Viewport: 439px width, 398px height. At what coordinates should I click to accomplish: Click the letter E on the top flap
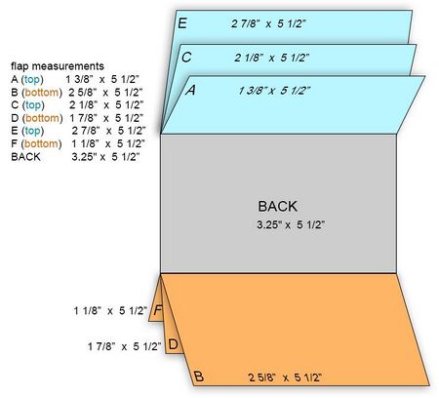[x=182, y=23]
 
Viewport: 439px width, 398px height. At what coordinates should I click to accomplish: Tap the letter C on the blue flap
[x=186, y=58]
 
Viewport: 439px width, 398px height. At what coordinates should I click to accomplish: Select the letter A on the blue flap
[x=191, y=90]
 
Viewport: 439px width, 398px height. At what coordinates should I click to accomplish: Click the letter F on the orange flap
[x=158, y=310]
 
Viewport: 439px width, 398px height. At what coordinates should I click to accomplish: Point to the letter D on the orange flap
[x=174, y=344]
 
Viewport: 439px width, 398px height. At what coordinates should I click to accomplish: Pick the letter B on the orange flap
[x=199, y=377]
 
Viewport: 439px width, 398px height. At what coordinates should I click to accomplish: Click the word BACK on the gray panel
[x=277, y=207]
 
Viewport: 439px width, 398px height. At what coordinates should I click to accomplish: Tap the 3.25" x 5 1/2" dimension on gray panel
[x=291, y=224]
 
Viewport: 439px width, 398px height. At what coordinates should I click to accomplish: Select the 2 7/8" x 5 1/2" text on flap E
[x=269, y=23]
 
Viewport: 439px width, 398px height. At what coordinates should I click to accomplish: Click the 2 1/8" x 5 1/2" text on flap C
[x=272, y=58]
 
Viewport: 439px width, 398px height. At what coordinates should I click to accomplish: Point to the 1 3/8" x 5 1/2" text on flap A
[x=274, y=91]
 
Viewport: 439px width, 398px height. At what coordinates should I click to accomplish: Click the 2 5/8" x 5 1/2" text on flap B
[x=285, y=378]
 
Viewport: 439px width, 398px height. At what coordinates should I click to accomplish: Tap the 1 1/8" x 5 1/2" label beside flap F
[x=110, y=310]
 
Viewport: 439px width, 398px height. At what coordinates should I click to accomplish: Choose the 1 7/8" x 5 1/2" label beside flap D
[x=125, y=346]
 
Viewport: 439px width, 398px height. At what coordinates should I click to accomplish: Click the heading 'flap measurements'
[x=58, y=66]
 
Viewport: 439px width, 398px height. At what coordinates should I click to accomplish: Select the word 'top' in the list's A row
[x=32, y=79]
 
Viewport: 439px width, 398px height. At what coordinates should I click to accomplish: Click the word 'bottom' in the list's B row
[x=42, y=93]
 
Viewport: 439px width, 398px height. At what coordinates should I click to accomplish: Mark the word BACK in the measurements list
[x=25, y=157]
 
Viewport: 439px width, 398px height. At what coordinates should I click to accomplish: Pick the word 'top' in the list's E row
[x=33, y=131]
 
